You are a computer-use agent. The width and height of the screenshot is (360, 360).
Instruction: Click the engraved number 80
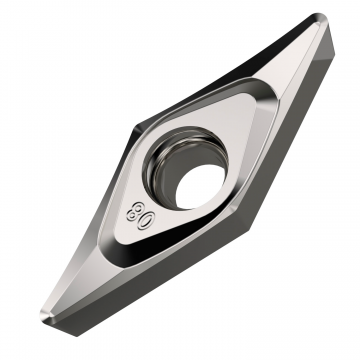click(138, 211)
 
